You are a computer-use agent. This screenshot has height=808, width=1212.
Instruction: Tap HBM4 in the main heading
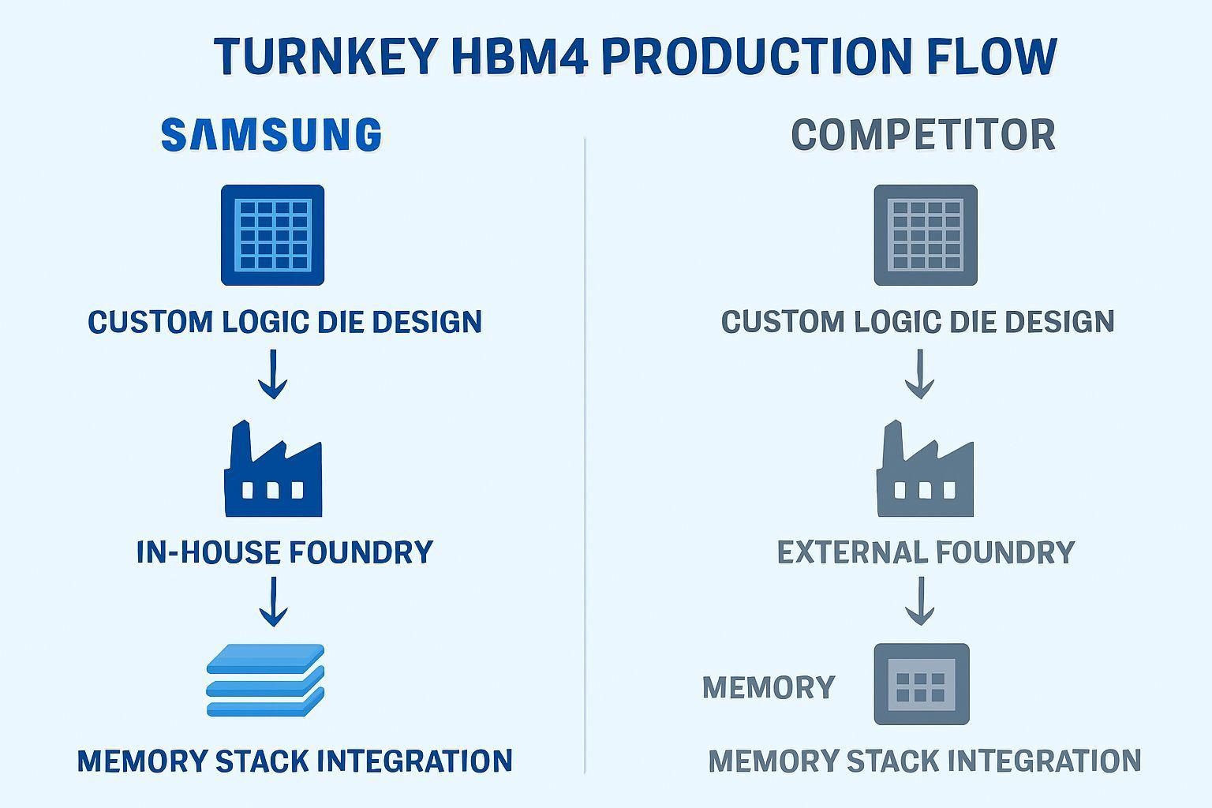(x=520, y=57)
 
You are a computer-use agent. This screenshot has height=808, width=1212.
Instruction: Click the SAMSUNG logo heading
(x=271, y=134)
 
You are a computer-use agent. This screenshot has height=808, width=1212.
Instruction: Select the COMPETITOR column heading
(x=923, y=135)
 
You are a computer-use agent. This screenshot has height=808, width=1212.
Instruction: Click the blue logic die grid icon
(x=272, y=235)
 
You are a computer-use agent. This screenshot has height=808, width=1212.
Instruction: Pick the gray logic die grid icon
(x=926, y=235)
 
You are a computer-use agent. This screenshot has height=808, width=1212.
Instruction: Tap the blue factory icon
(x=273, y=470)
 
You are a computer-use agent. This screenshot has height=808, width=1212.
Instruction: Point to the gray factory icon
(x=925, y=470)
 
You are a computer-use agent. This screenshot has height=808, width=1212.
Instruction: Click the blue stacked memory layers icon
(x=266, y=680)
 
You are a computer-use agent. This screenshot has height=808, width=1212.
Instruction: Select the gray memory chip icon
(x=922, y=684)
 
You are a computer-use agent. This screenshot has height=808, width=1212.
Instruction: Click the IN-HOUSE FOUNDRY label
(x=285, y=552)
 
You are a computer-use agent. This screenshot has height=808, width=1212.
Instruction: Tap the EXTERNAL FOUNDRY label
(x=926, y=552)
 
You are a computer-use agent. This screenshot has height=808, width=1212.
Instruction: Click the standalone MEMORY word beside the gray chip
(x=769, y=687)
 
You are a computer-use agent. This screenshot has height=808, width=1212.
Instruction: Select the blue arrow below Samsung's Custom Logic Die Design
(x=273, y=374)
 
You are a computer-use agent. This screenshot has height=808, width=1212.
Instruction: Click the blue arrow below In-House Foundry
(x=273, y=601)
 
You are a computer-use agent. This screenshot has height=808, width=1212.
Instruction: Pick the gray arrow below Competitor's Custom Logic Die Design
(x=920, y=374)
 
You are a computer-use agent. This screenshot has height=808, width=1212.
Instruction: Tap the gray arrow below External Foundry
(x=920, y=601)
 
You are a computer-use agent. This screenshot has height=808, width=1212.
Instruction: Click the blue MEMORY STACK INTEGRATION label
(x=295, y=761)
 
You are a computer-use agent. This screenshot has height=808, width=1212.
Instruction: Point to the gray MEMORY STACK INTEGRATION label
(x=925, y=761)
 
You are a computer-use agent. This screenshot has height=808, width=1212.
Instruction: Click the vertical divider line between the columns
(x=585, y=458)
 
